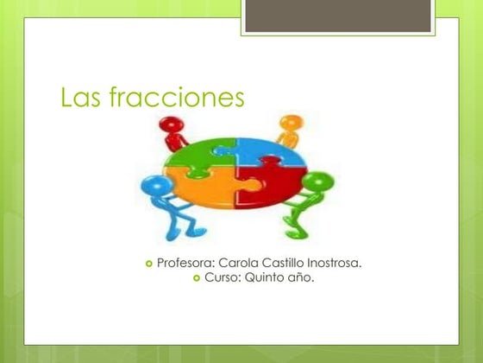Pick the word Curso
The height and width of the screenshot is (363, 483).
tap(223, 278)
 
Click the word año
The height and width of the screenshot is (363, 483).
tap(304, 278)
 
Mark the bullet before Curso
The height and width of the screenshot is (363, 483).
tap(196, 279)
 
